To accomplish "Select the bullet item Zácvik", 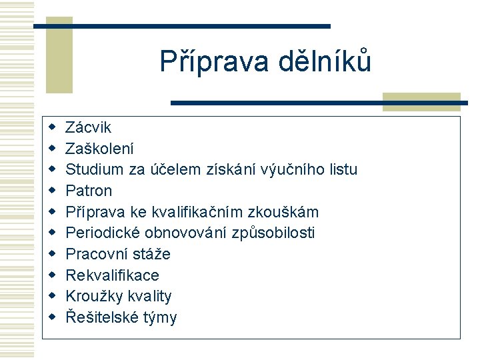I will click(x=89, y=127).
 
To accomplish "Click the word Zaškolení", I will click(x=99, y=149).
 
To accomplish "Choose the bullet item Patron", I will click(x=89, y=191).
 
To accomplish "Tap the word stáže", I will click(x=153, y=255).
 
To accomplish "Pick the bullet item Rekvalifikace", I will click(x=113, y=275).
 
